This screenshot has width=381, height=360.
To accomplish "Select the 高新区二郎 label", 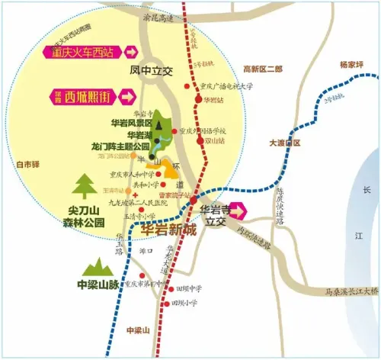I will [262, 69].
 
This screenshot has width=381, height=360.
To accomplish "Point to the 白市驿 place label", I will [27, 163].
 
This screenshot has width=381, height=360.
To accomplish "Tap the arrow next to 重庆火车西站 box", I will [130, 52].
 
